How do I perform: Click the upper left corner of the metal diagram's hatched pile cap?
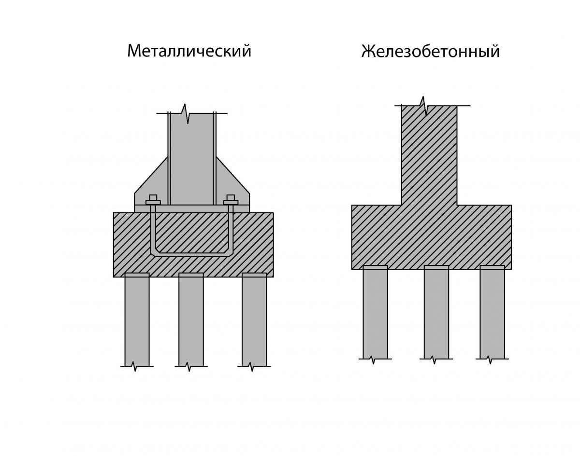(114, 213)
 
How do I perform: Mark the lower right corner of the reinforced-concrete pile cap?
(511, 269)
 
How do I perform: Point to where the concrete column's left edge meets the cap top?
(402, 205)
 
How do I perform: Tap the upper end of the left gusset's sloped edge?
(168, 157)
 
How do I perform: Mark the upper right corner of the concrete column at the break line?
(457, 106)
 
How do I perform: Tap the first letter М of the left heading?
(134, 51)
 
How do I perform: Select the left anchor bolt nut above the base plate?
(153, 200)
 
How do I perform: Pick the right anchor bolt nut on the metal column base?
(231, 200)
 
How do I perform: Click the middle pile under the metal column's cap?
(191, 319)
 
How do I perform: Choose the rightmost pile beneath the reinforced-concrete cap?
(492, 312)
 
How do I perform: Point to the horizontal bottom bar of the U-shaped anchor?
(191, 255)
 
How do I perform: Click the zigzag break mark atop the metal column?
(186, 113)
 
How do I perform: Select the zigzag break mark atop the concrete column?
(424, 106)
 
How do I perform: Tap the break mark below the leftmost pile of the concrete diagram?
(375, 359)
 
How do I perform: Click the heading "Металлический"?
(189, 51)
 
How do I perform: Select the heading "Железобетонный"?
(431, 52)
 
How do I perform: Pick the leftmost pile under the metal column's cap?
(137, 319)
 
